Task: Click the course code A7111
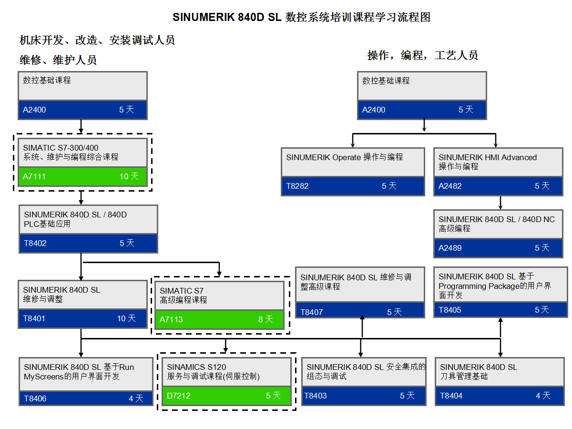pos(34,176)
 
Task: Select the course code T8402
pos(35,243)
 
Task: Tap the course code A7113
pos(171,319)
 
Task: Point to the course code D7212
pos(178,396)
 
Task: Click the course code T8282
pos(297,186)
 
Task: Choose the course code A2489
pos(450,248)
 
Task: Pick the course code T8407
pos(312,312)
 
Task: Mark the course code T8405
pos(450,310)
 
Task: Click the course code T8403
pos(316,396)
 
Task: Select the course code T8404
pos(451,396)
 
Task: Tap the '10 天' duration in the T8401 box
pos(126,318)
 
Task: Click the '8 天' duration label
pos(266,319)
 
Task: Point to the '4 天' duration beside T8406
pos(136,398)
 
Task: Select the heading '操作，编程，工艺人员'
pos(422,55)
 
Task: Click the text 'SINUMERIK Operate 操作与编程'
pos(345,157)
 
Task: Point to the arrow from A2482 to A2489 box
pos(500,202)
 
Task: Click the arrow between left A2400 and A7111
pos(81,126)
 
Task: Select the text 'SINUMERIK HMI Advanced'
pos(488,157)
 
